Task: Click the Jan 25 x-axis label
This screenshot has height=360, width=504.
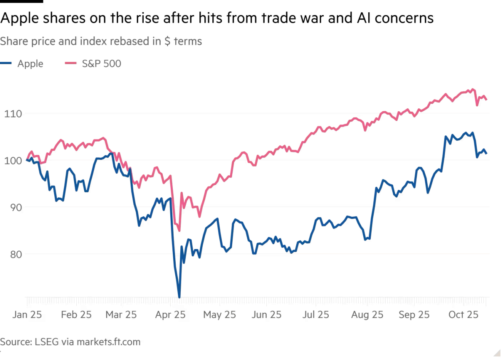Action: (x=27, y=315)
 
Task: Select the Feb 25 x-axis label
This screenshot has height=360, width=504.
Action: (x=76, y=315)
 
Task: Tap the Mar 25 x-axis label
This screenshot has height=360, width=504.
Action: (x=122, y=315)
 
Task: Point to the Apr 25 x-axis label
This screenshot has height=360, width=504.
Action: (x=171, y=315)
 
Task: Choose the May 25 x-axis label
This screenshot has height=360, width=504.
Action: (x=220, y=315)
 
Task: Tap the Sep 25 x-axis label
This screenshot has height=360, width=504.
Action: (x=414, y=315)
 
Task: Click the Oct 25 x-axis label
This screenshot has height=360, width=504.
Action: (x=462, y=315)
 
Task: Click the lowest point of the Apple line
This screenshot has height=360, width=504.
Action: (x=180, y=298)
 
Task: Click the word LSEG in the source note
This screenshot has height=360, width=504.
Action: (x=46, y=342)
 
